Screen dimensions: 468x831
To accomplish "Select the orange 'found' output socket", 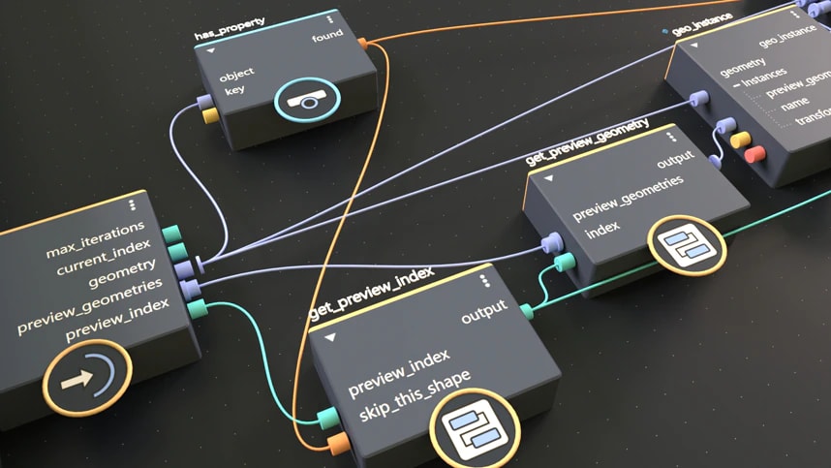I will [x=363, y=43].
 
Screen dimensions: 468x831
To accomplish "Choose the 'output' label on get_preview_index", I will [x=483, y=317].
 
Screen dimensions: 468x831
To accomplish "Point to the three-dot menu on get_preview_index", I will [x=484, y=279].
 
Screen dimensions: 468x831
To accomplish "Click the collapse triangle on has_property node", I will [x=209, y=48].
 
